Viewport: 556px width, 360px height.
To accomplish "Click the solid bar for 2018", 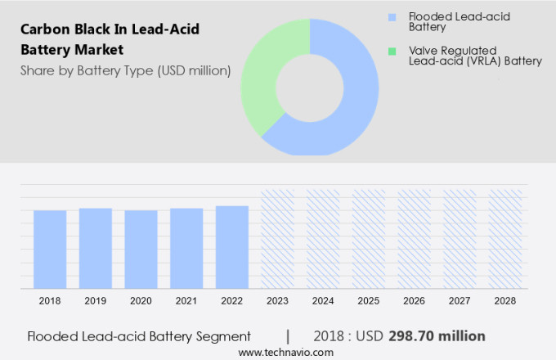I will click(x=50, y=250).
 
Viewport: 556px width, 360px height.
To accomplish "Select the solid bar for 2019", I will click(x=96, y=249).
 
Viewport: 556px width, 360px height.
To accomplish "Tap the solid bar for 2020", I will click(x=141, y=250).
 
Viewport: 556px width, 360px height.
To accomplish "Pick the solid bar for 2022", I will click(x=232, y=247).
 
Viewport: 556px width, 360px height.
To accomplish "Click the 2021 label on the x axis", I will click(x=186, y=301).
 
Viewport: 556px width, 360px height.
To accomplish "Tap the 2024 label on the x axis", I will click(x=323, y=301).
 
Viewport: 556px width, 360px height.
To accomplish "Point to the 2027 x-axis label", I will click(x=460, y=301).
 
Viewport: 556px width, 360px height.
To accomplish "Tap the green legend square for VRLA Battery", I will click(x=393, y=52).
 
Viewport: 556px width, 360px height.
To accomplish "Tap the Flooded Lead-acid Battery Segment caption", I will click(x=138, y=336).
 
